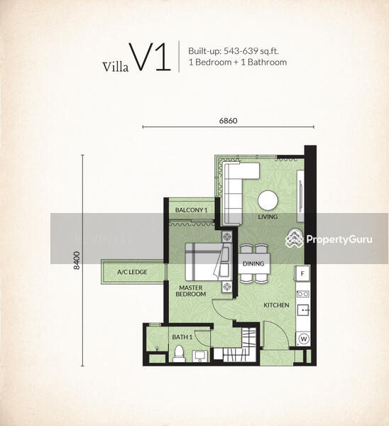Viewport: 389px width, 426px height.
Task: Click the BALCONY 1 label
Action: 191,210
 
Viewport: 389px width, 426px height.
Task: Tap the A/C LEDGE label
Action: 132,272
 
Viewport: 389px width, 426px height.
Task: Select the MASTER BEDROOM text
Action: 191,290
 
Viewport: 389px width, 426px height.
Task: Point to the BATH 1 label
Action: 182,337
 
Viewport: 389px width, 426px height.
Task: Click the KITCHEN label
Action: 276,305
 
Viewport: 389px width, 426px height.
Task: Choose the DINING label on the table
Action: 253,263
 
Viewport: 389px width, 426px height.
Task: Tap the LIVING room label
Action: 268,217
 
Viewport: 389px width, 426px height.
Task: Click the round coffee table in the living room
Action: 268,201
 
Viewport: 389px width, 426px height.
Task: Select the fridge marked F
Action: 302,273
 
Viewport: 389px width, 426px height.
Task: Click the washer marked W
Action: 304,339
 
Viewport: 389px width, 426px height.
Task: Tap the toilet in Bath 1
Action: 179,354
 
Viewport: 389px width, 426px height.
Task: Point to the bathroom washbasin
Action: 200,356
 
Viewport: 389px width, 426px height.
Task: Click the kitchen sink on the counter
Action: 303,310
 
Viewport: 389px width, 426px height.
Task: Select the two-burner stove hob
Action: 303,294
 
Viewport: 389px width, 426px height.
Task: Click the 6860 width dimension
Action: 228,121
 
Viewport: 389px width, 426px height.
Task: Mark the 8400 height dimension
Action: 77,261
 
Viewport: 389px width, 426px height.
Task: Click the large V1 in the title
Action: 150,57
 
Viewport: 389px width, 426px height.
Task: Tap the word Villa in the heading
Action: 116,67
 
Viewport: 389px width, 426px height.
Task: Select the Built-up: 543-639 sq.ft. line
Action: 234,51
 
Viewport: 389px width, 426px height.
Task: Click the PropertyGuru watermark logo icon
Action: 294,239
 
